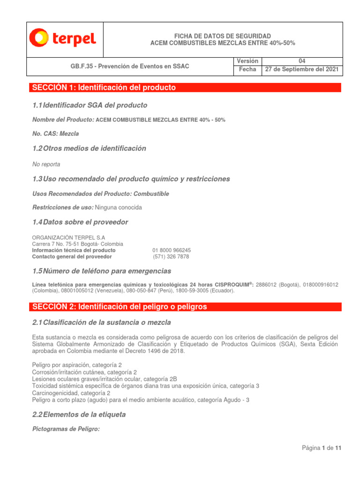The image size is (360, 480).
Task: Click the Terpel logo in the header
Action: point(63,38)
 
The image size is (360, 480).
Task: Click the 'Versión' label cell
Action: point(247,61)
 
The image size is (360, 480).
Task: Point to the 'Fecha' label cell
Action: point(247,69)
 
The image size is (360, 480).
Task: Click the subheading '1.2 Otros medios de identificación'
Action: point(89,149)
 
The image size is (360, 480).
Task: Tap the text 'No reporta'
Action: point(46,165)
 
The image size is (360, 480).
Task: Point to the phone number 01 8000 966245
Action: point(172,250)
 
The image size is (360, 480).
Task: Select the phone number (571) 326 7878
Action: point(171,257)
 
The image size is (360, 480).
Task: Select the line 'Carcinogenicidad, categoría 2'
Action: point(71,393)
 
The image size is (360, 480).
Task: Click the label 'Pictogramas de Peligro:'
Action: point(66,429)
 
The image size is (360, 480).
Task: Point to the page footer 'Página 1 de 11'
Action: point(322,449)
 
